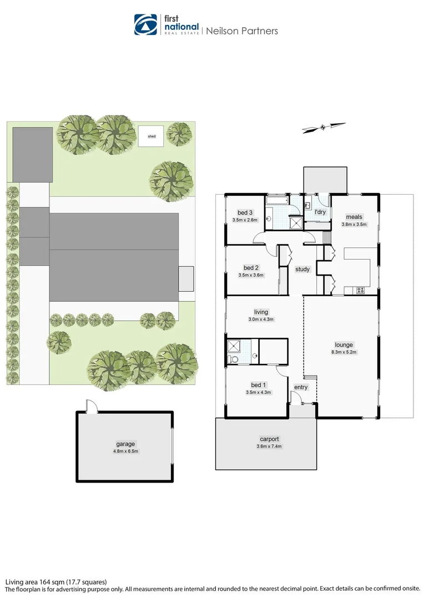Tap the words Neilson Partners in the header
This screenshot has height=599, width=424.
click(x=242, y=31)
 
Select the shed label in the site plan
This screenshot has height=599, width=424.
click(x=152, y=136)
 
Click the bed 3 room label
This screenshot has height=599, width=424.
click(x=245, y=213)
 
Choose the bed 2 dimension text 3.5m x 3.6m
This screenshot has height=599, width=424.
click(x=251, y=275)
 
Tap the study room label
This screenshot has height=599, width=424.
click(x=302, y=270)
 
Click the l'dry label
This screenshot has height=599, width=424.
click(x=320, y=212)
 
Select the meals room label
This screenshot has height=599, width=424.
click(x=354, y=217)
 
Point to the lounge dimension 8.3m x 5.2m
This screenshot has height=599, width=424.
click(x=344, y=352)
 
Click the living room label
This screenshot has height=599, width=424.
click(x=261, y=312)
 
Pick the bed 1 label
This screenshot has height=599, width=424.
click(x=258, y=385)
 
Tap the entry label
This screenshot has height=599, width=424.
click(x=301, y=387)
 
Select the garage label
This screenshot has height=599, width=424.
click(x=126, y=444)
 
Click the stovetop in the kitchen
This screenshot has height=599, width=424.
click(x=360, y=290)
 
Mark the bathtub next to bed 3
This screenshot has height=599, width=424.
click(x=275, y=202)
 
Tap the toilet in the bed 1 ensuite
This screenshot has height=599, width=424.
click(x=234, y=359)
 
